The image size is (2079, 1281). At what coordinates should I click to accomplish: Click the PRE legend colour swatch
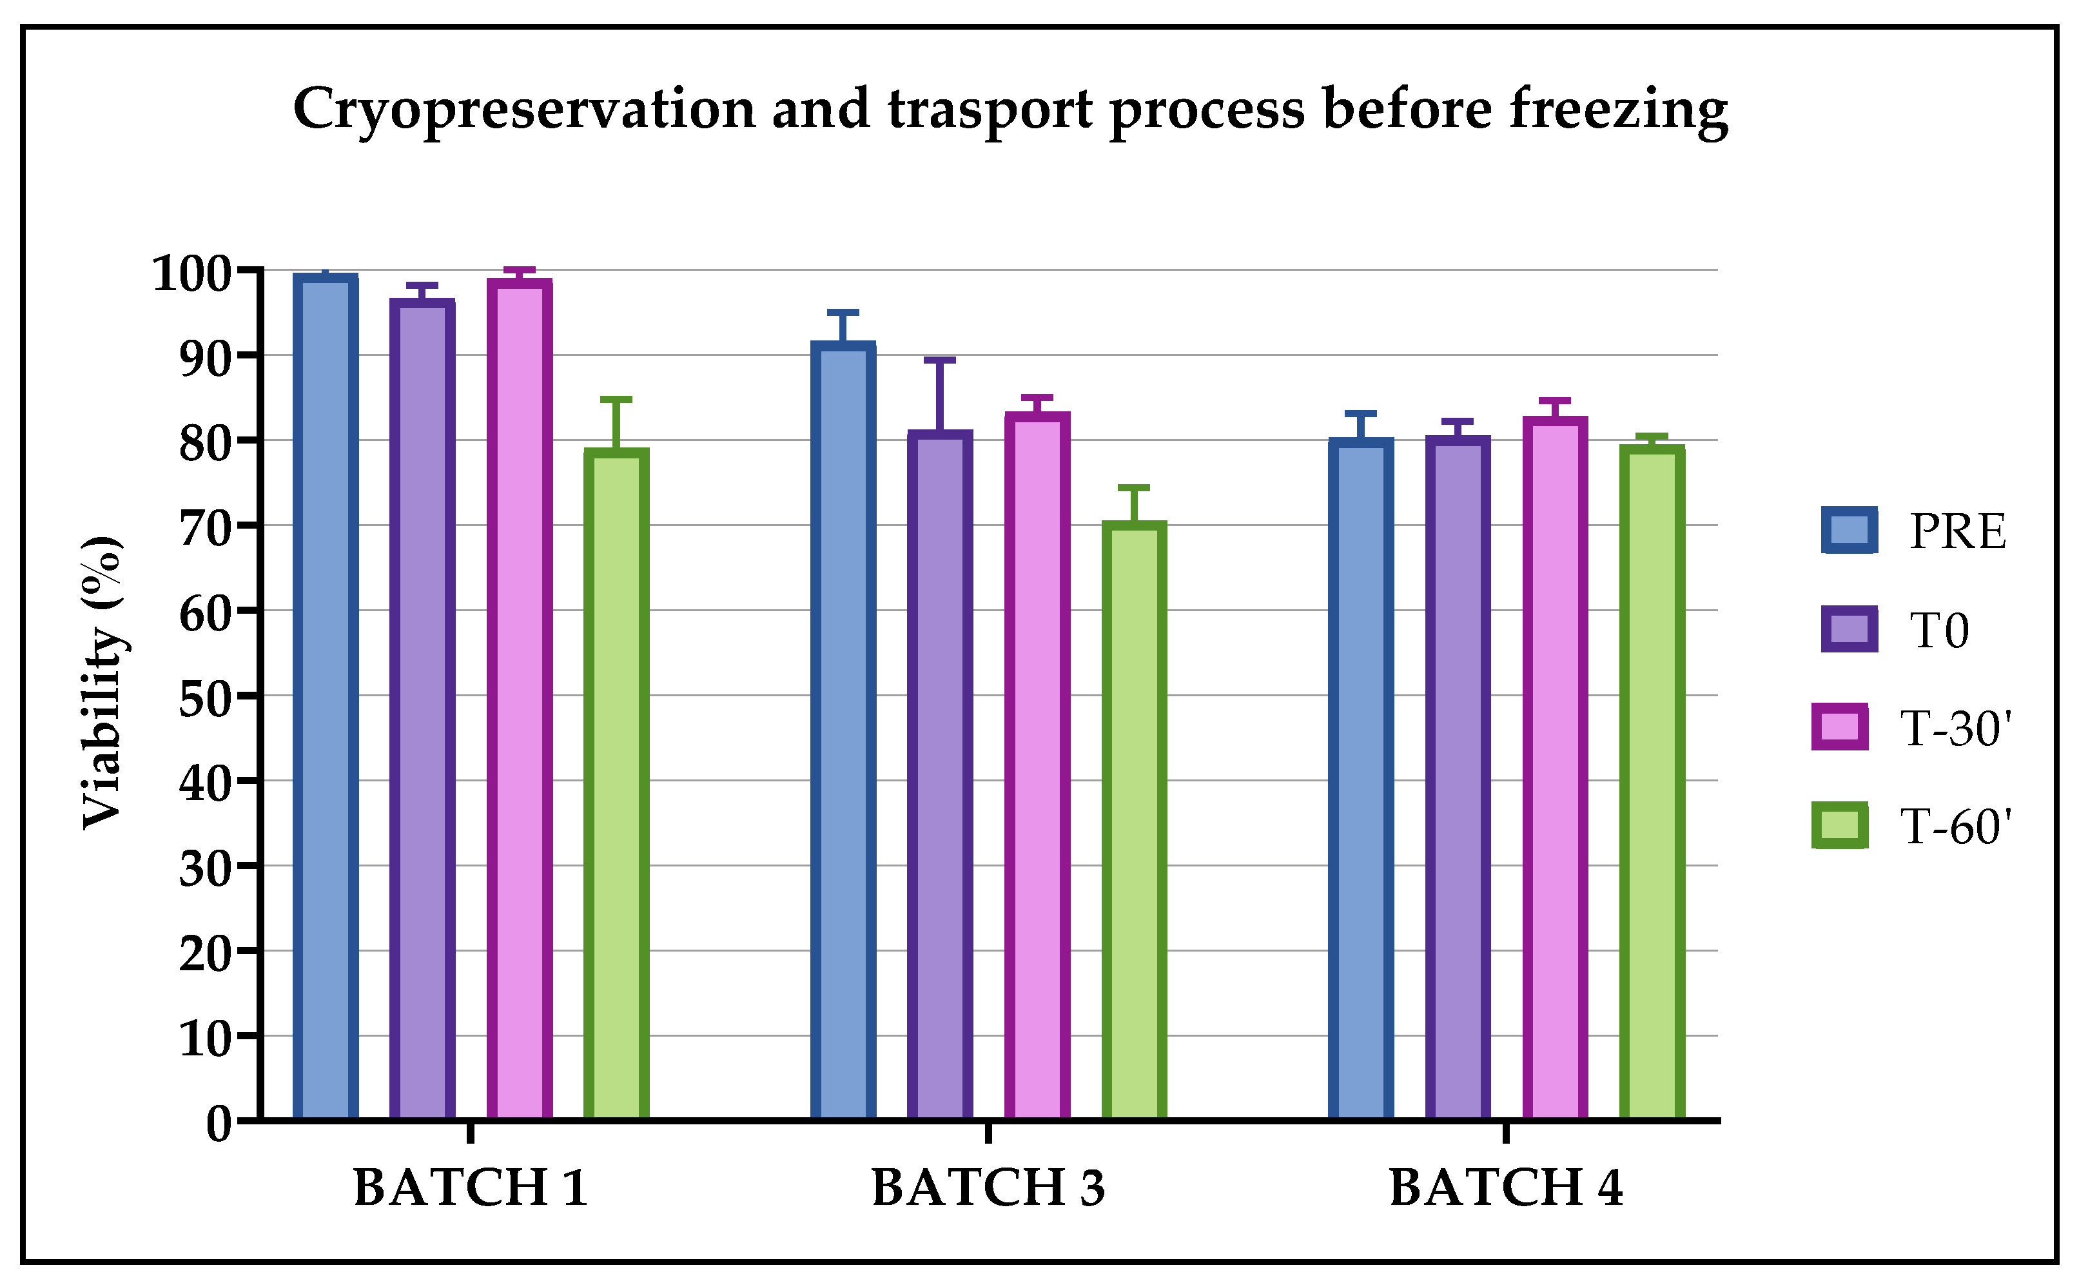click(1850, 531)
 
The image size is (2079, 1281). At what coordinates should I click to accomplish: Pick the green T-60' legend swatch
click(1839, 825)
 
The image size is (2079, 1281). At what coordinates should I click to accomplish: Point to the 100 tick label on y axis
click(191, 273)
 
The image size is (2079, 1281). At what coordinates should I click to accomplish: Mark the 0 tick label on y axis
click(218, 1125)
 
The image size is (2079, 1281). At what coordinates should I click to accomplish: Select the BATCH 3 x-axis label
click(988, 1188)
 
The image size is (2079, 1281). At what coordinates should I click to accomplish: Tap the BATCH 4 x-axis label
click(1505, 1188)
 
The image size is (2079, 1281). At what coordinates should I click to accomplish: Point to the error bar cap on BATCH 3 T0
click(939, 360)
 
